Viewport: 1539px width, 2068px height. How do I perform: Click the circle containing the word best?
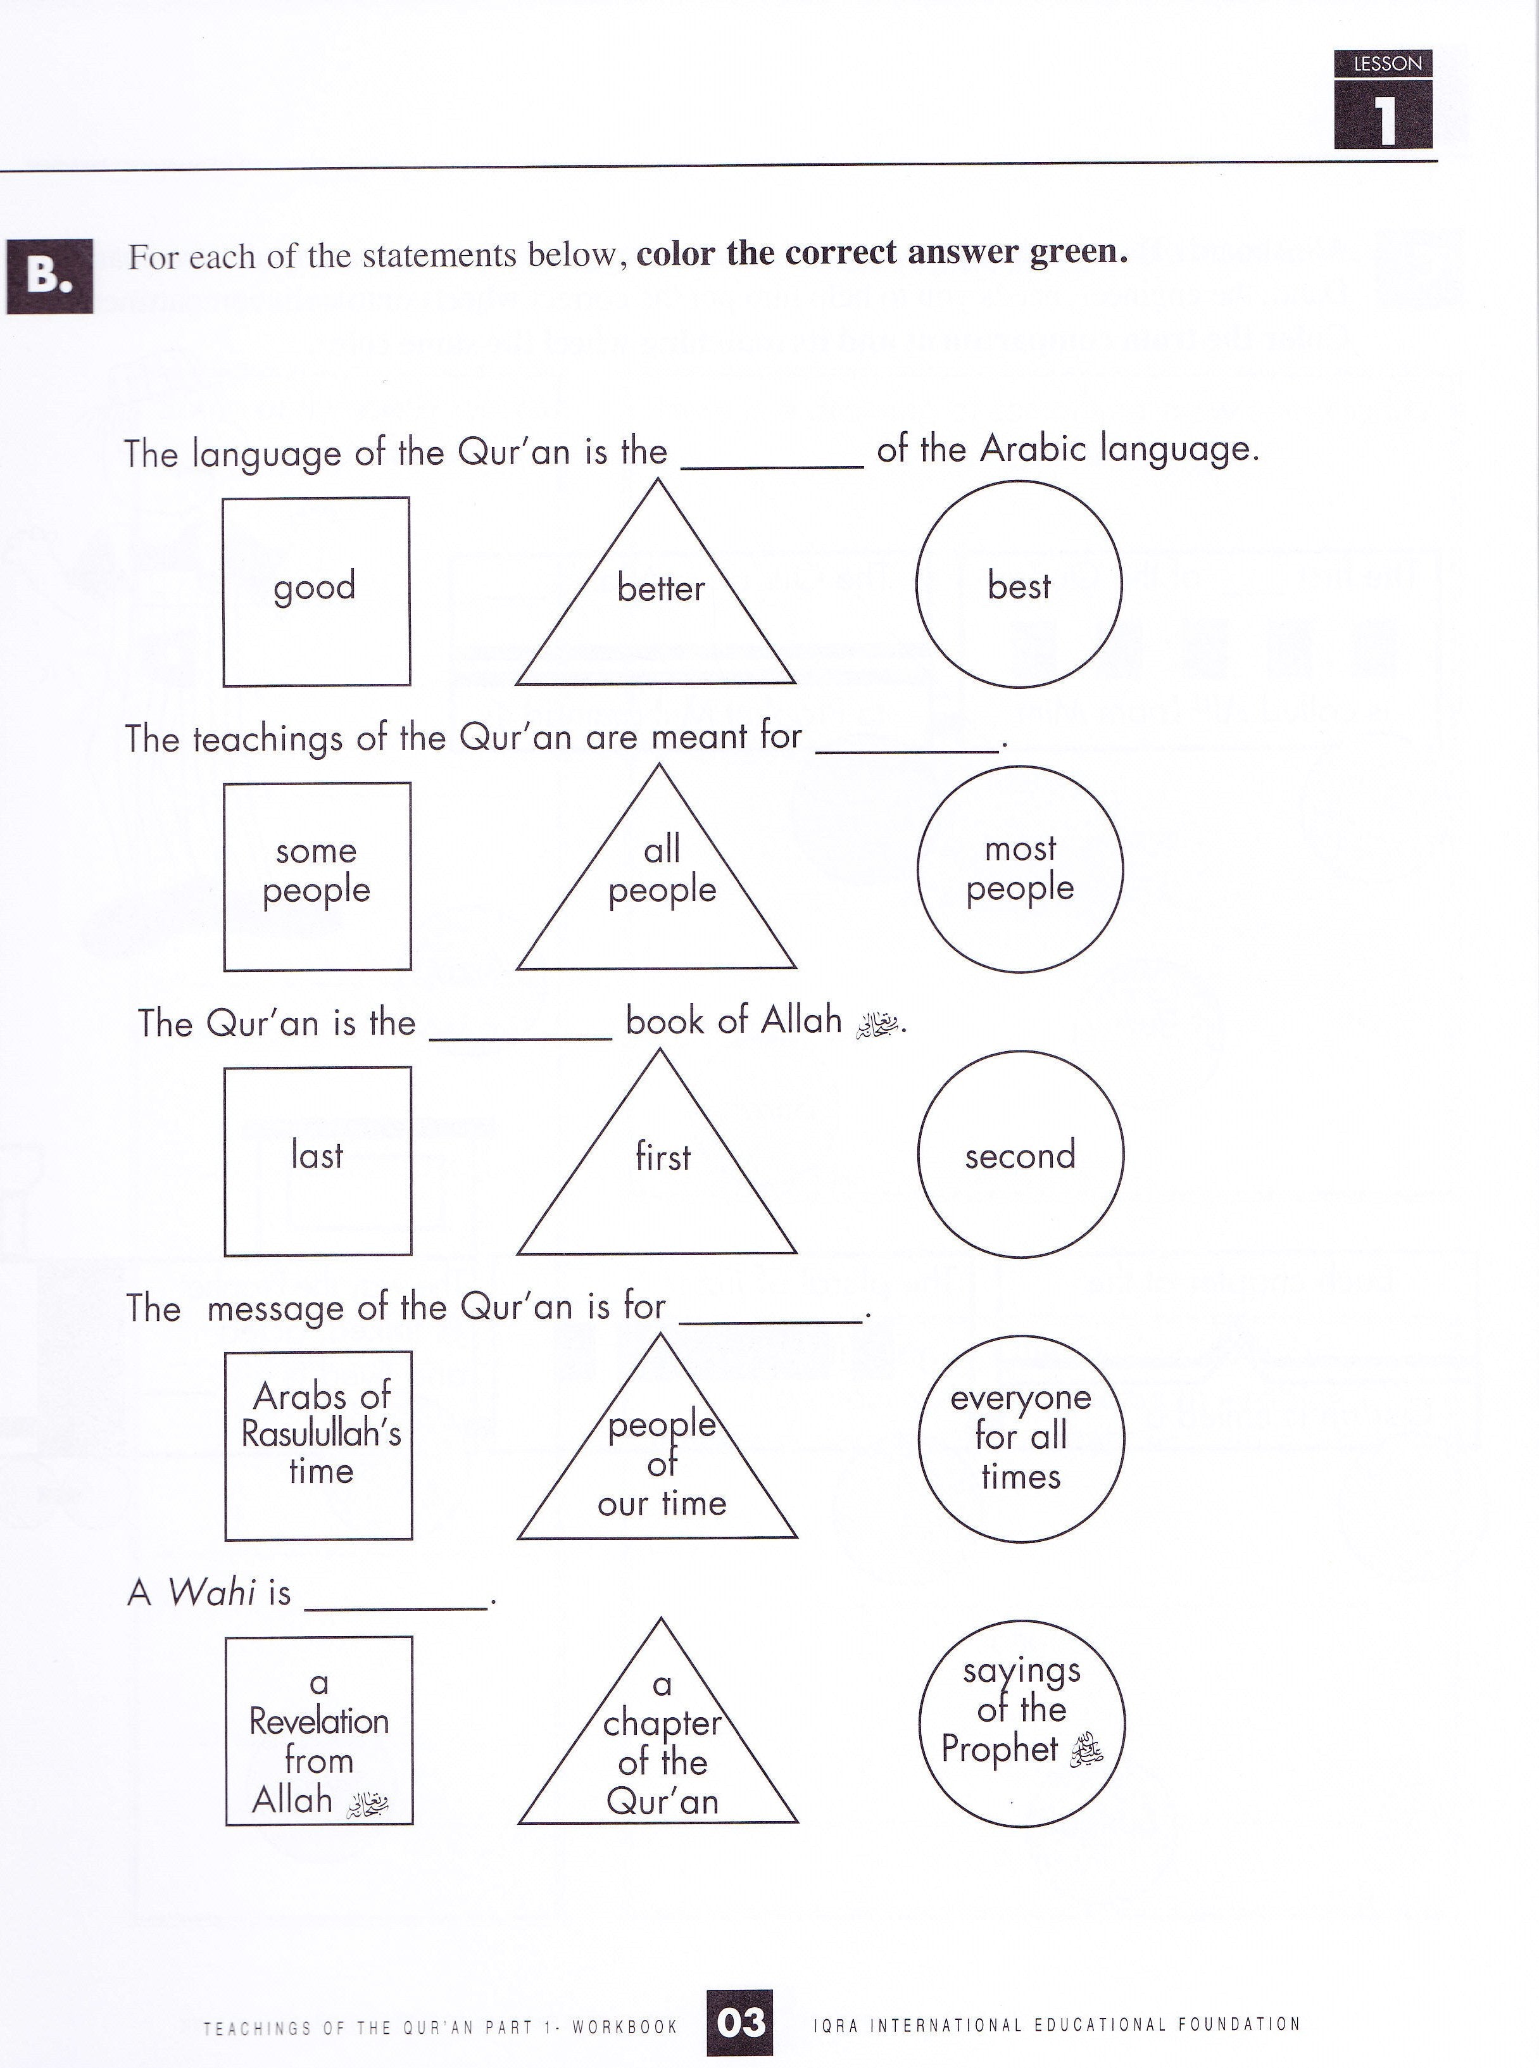1019,584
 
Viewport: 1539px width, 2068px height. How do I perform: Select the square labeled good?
317,591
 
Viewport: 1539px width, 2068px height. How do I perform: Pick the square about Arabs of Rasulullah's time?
318,1446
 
